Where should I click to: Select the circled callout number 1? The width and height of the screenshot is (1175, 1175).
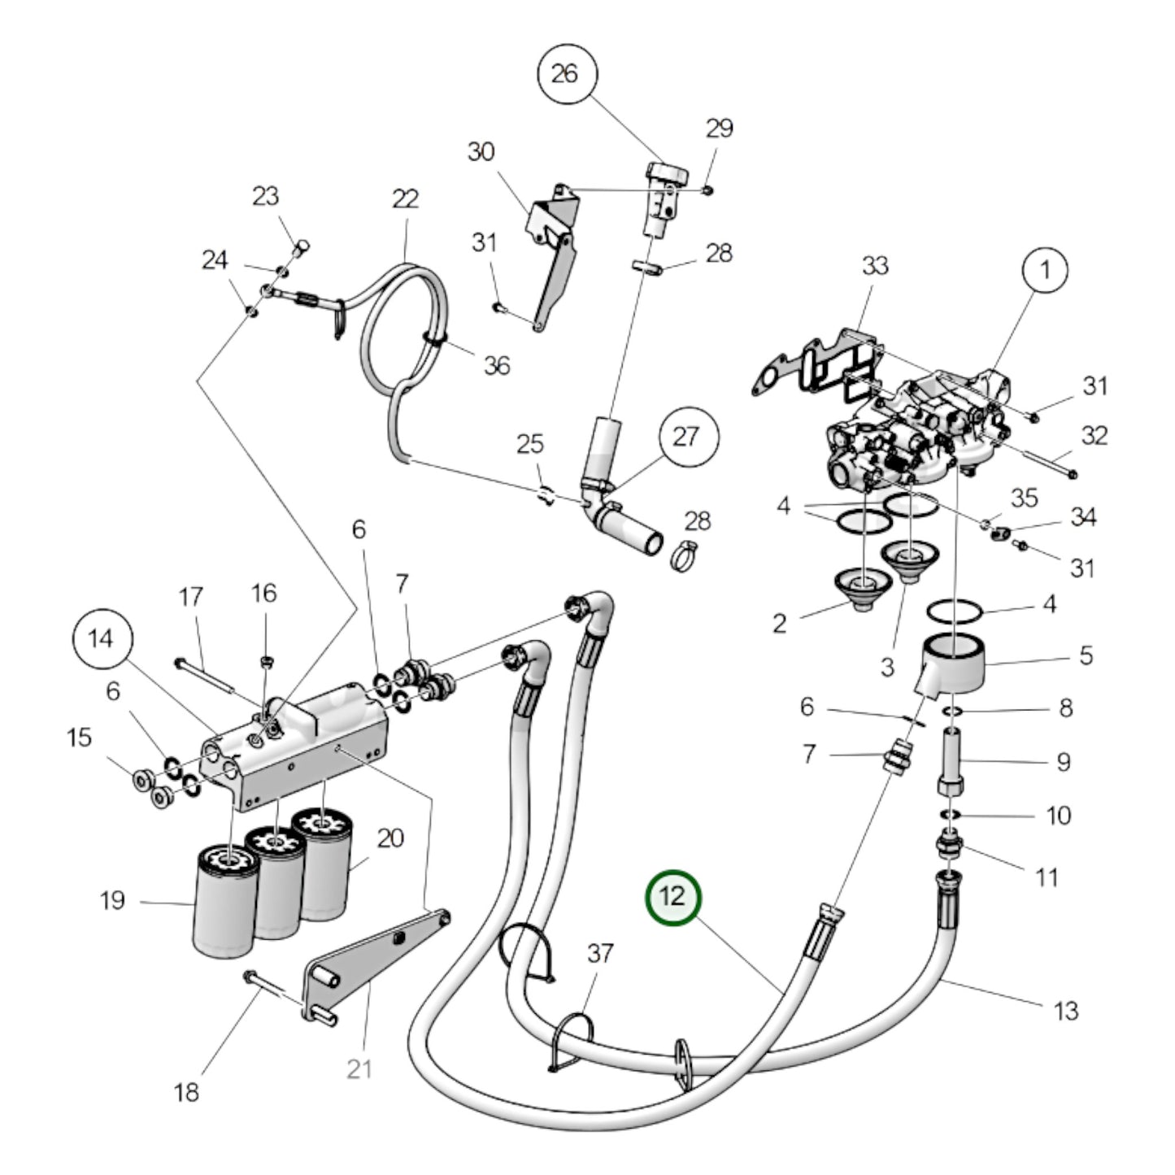[x=1045, y=270]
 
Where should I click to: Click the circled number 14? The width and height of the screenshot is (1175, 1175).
[x=101, y=639]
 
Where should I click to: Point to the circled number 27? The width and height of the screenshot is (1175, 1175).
[x=688, y=437]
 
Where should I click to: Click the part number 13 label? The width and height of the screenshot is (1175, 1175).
[x=1065, y=1011]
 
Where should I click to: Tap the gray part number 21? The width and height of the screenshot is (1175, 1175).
[x=359, y=1068]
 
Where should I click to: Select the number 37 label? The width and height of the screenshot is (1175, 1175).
[x=600, y=953]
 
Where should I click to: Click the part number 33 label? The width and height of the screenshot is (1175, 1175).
[x=875, y=265]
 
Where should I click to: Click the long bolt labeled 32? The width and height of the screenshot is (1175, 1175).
[x=1044, y=459]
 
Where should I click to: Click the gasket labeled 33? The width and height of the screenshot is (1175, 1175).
[x=813, y=362]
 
